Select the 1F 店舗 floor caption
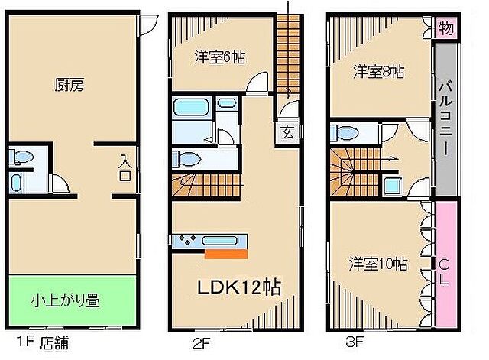pos(40,342)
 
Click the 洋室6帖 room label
pos(219,57)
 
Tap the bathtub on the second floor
pos(189,106)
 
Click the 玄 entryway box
pos(285,131)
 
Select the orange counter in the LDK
pos(226,253)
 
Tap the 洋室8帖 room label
pos(378,72)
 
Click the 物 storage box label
pos(446,29)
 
